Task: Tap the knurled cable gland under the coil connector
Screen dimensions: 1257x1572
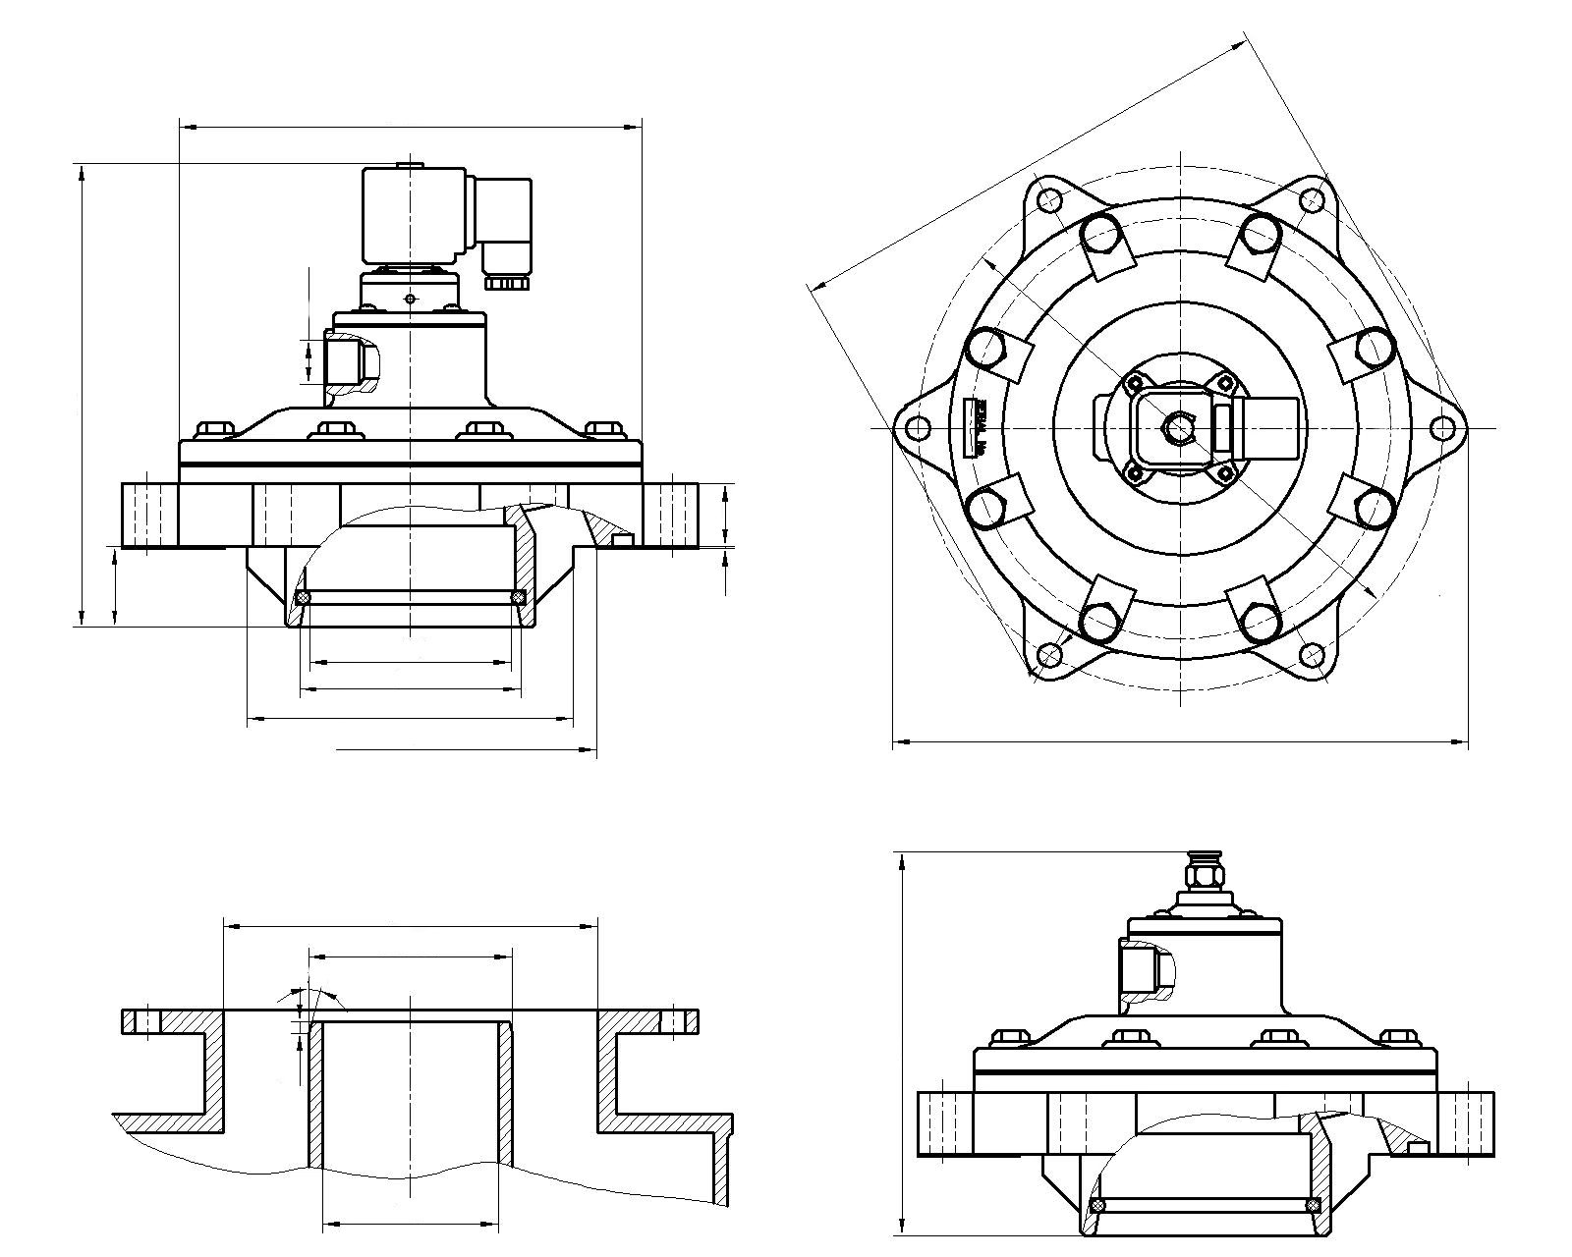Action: (507, 283)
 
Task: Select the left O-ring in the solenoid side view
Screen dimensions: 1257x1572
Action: (305, 597)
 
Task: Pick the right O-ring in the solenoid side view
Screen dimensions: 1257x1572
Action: (518, 597)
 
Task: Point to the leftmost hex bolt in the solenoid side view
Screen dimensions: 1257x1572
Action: (215, 429)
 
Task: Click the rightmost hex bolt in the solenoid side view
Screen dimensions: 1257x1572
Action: (603, 429)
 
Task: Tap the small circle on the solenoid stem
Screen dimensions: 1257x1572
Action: (410, 298)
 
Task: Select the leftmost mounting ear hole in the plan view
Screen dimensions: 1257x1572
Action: (917, 428)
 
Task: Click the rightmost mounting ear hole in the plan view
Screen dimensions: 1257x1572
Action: (1441, 428)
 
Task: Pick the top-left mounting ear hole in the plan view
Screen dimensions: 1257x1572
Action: (1048, 200)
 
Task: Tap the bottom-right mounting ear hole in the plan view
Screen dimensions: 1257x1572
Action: (1311, 655)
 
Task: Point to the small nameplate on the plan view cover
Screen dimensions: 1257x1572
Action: (980, 429)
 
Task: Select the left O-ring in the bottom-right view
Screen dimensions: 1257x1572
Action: (1097, 1206)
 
